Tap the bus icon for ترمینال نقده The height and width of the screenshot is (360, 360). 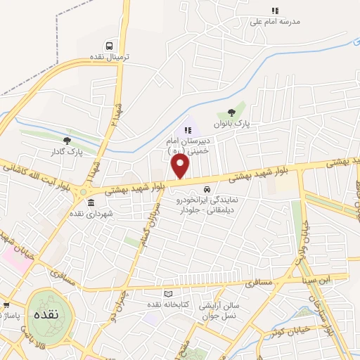[108, 42]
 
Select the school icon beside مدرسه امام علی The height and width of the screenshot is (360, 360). [275, 11]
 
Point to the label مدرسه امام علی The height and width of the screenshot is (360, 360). [275, 22]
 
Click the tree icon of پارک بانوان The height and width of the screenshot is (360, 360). [232, 112]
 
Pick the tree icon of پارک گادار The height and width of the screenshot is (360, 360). [67, 141]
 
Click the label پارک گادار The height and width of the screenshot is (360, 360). [67, 151]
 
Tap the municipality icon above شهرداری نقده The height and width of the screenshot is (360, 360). [91, 203]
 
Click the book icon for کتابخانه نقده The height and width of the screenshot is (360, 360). [167, 293]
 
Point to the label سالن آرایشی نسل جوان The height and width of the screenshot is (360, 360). [202, 311]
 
